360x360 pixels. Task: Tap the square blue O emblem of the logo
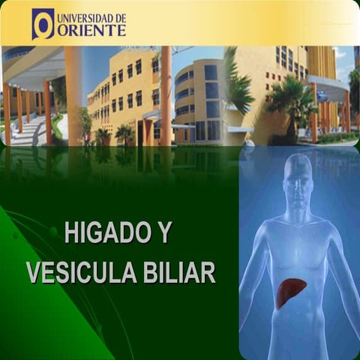pyautogui.click(x=43, y=24)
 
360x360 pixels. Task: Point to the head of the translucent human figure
pyautogui.click(x=298, y=180)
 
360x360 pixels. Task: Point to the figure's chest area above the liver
pyautogui.click(x=298, y=251)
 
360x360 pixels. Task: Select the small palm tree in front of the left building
pyautogui.click(x=124, y=135)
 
